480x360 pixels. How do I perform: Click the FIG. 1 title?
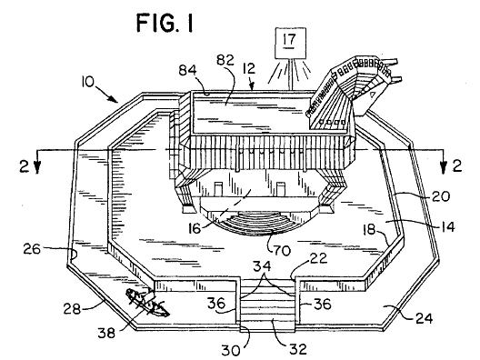point(165,23)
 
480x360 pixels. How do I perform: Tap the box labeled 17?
point(291,43)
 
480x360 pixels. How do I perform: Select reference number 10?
point(88,82)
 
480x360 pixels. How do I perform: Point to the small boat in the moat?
point(147,303)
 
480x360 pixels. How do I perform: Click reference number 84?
point(187,70)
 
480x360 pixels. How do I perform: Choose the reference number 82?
point(225,60)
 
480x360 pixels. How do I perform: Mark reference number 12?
point(249,68)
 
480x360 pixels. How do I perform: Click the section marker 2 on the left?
point(24,166)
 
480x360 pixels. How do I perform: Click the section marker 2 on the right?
point(456,166)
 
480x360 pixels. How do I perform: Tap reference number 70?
point(282,251)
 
